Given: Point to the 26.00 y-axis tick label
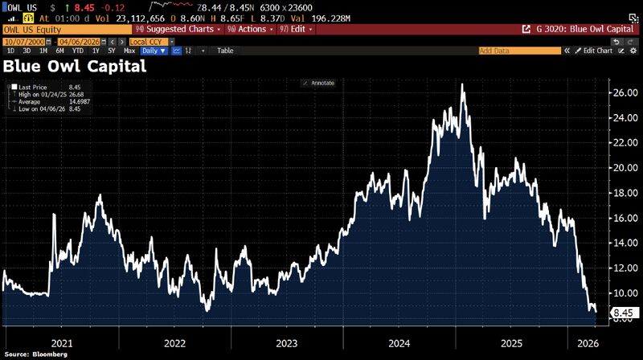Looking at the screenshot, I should tap(624, 92).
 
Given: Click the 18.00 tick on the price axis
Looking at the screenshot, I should tap(624, 193).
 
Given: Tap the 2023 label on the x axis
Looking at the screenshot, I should tap(286, 342).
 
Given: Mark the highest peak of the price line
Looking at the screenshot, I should tap(462, 84).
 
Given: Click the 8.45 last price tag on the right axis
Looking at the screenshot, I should tap(624, 313).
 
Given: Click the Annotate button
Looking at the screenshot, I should tap(318, 83).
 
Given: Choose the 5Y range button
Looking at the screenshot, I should tap(112, 50).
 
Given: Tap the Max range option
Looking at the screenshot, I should tap(129, 50).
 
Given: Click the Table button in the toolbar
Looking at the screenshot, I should tap(225, 50).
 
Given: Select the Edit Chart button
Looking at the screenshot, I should tap(596, 50).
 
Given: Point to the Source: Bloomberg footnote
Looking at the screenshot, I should tap(38, 354).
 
